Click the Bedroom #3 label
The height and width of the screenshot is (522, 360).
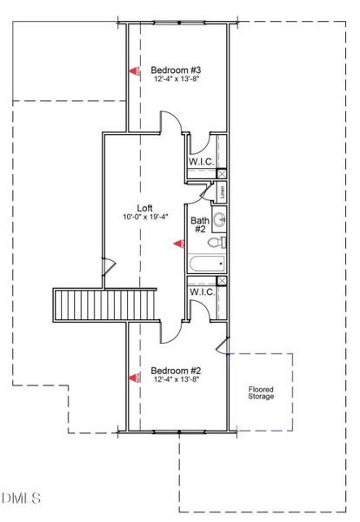(x=177, y=70)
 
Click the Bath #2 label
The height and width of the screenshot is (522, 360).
(x=200, y=224)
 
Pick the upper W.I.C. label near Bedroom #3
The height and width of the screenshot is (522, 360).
(x=202, y=162)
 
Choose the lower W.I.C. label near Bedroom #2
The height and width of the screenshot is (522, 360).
(x=203, y=291)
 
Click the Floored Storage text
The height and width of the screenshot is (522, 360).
(x=261, y=391)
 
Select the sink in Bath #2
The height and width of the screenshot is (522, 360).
(x=221, y=217)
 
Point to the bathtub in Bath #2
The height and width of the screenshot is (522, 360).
(x=207, y=263)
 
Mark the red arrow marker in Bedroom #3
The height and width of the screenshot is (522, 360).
(x=135, y=71)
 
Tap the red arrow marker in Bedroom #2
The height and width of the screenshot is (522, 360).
(x=135, y=378)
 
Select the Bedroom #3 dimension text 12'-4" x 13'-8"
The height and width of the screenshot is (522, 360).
(x=177, y=80)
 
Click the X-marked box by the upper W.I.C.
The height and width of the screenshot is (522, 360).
(x=221, y=173)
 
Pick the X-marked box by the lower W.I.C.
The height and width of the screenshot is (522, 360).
(x=221, y=280)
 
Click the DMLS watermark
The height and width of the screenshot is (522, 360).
(x=21, y=498)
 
